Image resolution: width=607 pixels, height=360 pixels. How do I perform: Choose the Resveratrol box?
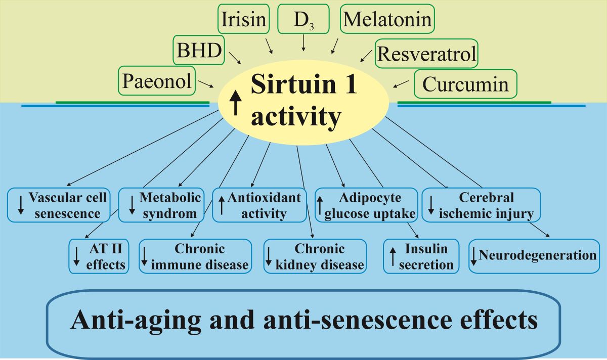point(426,53)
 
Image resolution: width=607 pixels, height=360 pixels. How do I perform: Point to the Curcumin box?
point(465,84)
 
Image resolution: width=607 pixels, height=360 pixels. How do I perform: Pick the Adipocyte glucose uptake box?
point(366,205)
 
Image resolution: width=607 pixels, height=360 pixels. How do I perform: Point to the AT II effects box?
point(99,255)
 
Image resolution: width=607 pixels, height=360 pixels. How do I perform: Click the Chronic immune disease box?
point(195,256)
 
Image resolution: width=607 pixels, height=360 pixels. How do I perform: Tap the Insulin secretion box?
point(422,256)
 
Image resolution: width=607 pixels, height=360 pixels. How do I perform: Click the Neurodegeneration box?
point(534,256)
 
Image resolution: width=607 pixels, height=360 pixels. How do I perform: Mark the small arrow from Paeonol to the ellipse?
point(205,84)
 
